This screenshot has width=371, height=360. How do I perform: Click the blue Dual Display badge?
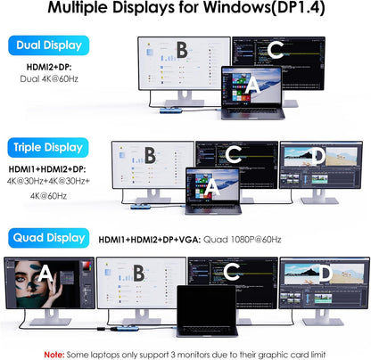(47, 45)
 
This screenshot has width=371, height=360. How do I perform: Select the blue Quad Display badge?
(47, 238)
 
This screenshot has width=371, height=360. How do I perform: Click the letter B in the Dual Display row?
(182, 51)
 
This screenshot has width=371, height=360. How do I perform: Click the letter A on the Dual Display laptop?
(251, 86)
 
